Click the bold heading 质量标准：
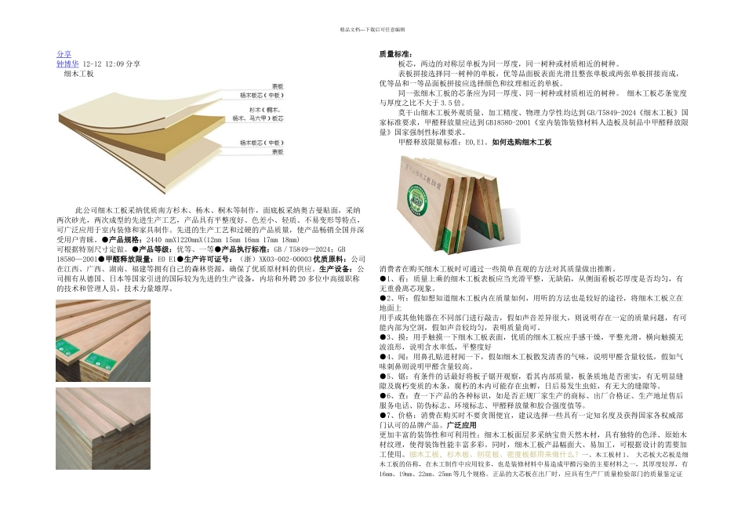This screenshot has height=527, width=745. click(x=391, y=54)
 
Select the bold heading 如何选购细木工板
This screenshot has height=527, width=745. click(x=521, y=143)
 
